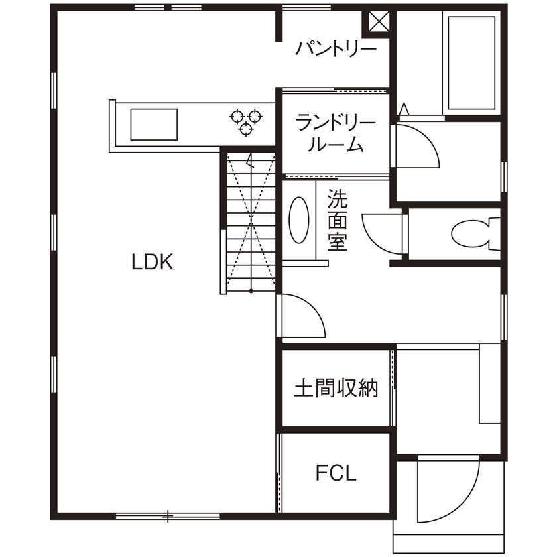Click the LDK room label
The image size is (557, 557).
[152, 263]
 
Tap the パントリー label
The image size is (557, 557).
[336, 50]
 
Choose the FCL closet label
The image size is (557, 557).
[336, 473]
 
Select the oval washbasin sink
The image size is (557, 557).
[300, 220]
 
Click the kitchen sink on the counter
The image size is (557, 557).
[154, 125]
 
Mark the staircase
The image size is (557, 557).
[250, 221]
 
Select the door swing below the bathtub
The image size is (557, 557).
[417, 147]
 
